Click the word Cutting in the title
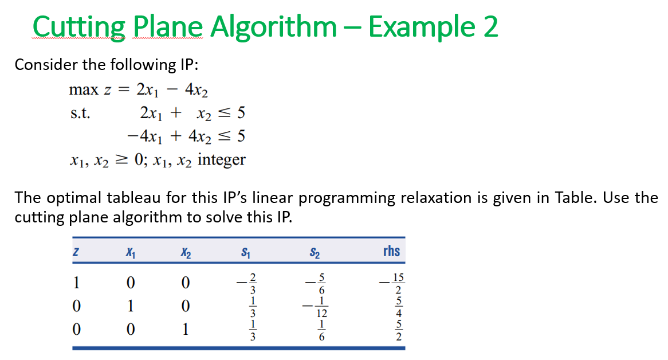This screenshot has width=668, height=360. coord(79,28)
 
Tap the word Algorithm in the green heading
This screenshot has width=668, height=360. coord(273,28)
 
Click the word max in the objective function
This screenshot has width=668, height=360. coord(84,89)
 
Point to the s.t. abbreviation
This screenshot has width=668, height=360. coord(80,113)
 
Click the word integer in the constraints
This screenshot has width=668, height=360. coord(222,160)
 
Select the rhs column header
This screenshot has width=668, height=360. coord(391,251)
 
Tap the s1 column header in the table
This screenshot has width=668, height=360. coord(246,252)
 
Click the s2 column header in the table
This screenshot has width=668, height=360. coord(315,252)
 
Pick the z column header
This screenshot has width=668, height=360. coord(76,251)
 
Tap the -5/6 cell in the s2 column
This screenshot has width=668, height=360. coord(316,284)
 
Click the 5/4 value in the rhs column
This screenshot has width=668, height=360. coord(399,307)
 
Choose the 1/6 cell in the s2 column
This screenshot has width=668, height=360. coord(321,330)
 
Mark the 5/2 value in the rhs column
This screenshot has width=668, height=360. coord(399,330)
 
